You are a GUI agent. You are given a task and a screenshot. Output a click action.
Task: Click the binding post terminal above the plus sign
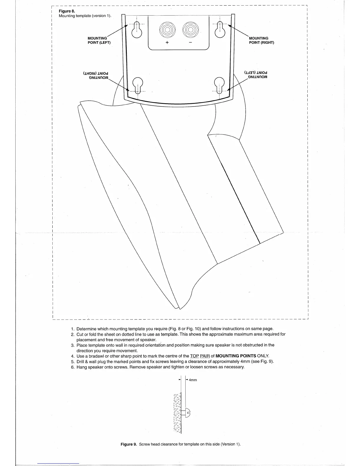(x=167, y=30)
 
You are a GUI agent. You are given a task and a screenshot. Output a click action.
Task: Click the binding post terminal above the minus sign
(x=190, y=30)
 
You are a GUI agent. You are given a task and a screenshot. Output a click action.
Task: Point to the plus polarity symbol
(x=167, y=43)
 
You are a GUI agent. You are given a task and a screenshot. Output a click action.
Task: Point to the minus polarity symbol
(x=190, y=43)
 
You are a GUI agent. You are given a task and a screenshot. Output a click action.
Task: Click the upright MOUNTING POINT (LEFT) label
(x=99, y=40)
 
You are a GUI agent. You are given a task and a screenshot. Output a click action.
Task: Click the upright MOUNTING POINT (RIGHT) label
(x=261, y=40)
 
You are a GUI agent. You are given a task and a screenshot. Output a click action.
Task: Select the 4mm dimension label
(x=193, y=380)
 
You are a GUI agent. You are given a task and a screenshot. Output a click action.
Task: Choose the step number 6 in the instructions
(x=72, y=367)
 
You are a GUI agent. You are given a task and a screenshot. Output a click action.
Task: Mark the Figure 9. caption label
(x=129, y=444)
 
